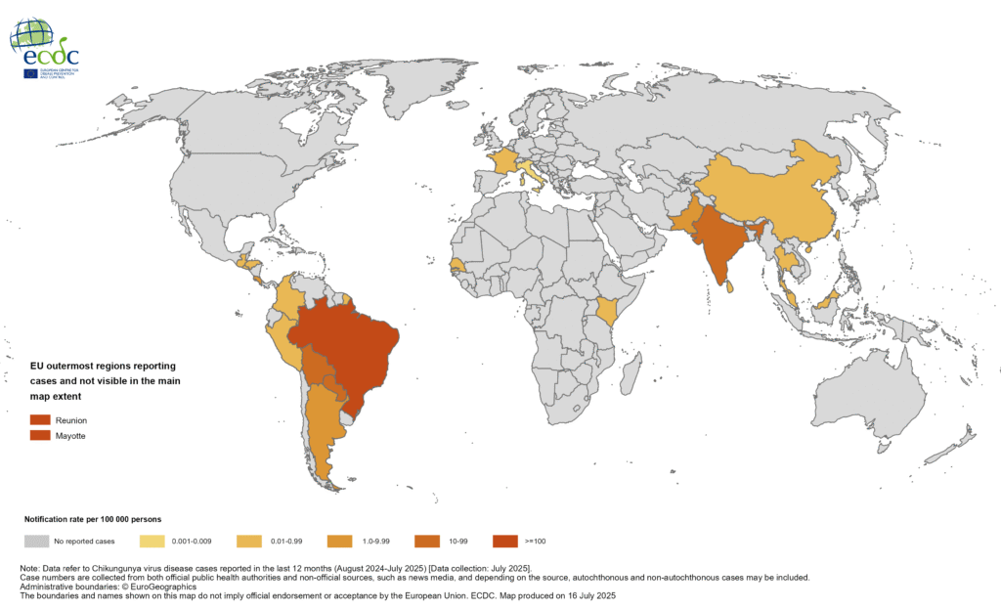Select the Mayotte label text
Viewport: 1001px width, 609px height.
[x=71, y=436]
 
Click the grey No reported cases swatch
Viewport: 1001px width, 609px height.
[x=36, y=541]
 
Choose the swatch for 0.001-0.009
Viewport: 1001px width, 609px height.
[x=153, y=541]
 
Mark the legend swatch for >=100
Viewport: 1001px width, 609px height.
[x=505, y=541]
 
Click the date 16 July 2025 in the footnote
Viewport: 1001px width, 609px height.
[x=587, y=594]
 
